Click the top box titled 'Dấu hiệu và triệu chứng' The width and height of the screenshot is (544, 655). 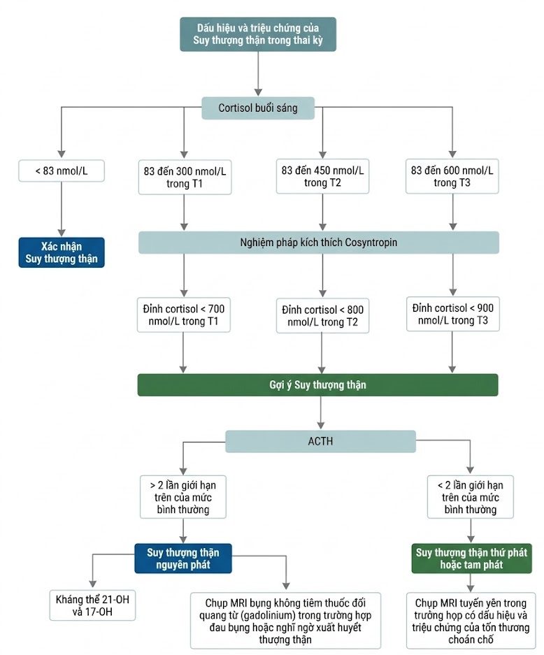[x=258, y=34]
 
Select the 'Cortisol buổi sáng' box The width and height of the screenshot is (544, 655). [x=258, y=108]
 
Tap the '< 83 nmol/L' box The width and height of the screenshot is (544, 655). [x=62, y=171]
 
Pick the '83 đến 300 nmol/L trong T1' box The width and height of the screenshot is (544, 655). [x=185, y=177]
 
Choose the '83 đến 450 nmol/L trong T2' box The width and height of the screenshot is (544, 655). [x=322, y=176]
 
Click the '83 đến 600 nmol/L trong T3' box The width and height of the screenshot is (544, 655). [x=452, y=176]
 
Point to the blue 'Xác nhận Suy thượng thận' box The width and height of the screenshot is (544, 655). [x=62, y=252]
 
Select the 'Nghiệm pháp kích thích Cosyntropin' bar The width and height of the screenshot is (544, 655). [x=318, y=243]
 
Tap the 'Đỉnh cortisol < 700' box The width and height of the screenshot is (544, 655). [x=183, y=315]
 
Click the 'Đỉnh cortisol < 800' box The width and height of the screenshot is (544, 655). [x=322, y=316]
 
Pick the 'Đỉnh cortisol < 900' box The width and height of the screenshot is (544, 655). [x=453, y=314]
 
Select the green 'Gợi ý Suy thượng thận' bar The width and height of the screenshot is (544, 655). [x=317, y=384]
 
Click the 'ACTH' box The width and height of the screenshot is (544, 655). [x=320, y=441]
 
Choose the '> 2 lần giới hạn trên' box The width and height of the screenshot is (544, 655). [x=183, y=497]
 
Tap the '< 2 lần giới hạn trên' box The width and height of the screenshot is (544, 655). [x=471, y=497]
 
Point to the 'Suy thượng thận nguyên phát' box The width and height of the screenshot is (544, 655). [x=183, y=559]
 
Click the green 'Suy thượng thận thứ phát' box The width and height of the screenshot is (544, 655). [x=471, y=559]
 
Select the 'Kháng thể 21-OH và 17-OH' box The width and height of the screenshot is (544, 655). [x=92, y=605]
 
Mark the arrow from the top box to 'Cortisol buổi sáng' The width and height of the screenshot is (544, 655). [x=258, y=74]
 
